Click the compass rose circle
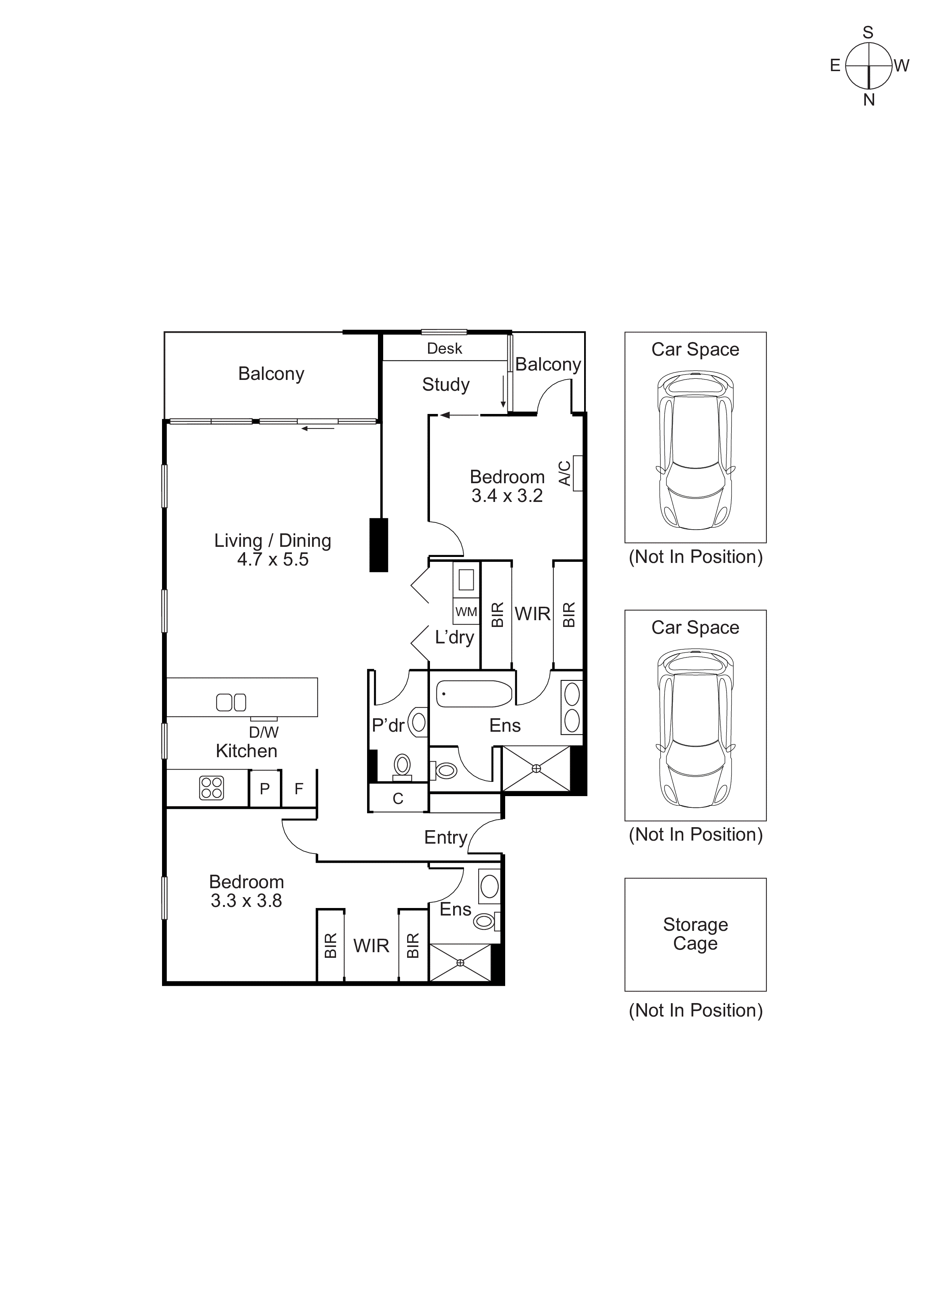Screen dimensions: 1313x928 click(x=869, y=66)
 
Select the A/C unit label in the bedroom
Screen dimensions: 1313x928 click(x=564, y=473)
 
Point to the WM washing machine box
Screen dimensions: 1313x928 click(x=466, y=612)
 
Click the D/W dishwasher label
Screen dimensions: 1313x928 click(x=263, y=732)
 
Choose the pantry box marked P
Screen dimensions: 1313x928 click(x=265, y=789)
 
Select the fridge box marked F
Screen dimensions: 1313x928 click(x=299, y=789)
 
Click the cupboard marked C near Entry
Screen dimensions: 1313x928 click(x=398, y=798)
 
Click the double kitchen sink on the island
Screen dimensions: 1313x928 click(x=231, y=702)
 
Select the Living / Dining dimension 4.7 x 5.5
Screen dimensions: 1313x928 click(x=273, y=559)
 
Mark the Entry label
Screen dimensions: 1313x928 click(x=445, y=837)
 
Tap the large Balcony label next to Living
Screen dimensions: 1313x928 click(x=271, y=374)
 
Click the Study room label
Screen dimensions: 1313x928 click(x=445, y=384)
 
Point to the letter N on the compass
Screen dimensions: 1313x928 click(x=869, y=100)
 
